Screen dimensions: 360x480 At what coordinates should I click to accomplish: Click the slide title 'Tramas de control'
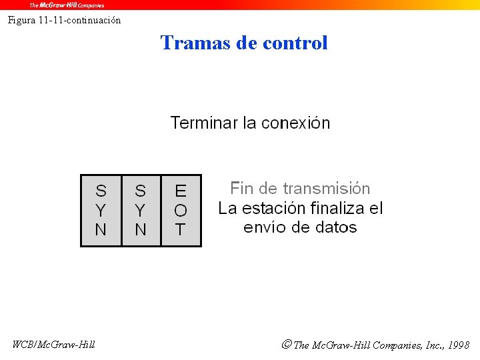point(244,43)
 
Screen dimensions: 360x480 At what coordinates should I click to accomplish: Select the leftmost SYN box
point(101,210)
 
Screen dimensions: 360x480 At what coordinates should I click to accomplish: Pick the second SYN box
point(141,210)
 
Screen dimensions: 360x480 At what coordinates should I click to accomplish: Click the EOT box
point(181,210)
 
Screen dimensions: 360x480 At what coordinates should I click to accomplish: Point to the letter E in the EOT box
point(181,191)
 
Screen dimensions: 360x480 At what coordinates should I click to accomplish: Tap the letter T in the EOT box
point(181,230)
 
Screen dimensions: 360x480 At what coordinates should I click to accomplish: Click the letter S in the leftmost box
point(101,191)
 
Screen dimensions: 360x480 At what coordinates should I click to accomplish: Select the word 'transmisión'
point(327,189)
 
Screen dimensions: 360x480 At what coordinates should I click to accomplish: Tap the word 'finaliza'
point(333,208)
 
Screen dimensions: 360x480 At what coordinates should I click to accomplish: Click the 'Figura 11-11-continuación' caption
point(65,20)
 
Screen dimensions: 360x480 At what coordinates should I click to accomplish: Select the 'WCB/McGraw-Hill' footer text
point(54,345)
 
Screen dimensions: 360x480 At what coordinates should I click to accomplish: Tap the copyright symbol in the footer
point(286,345)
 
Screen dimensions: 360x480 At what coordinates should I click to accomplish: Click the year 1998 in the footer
point(459,345)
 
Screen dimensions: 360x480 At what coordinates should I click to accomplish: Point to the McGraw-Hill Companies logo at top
point(67,5)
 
